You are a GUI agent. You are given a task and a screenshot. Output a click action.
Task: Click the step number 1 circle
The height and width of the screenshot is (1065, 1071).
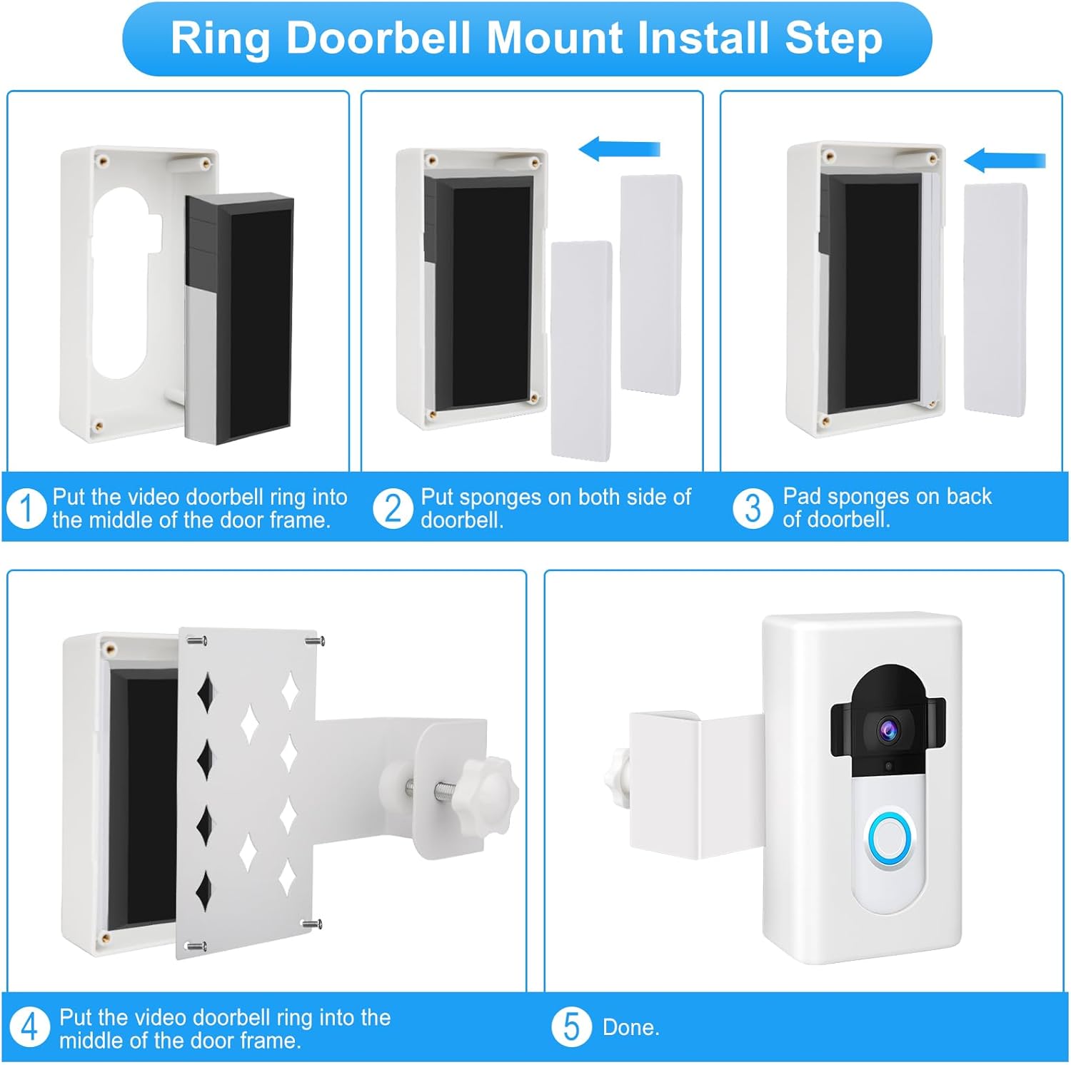[26, 508]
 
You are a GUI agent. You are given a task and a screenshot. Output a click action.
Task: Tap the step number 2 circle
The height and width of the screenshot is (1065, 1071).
[393, 508]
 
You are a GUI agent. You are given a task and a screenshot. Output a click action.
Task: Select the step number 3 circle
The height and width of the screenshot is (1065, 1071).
[753, 508]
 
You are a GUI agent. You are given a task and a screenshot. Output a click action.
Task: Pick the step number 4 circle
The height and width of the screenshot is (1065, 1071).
[29, 1028]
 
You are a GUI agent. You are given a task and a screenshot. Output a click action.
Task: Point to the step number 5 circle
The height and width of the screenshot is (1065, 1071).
[571, 1027]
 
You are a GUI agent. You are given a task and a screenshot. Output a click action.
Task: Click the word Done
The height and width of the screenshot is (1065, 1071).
[630, 1028]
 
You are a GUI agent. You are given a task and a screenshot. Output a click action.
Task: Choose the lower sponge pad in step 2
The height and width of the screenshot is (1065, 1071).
[581, 350]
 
